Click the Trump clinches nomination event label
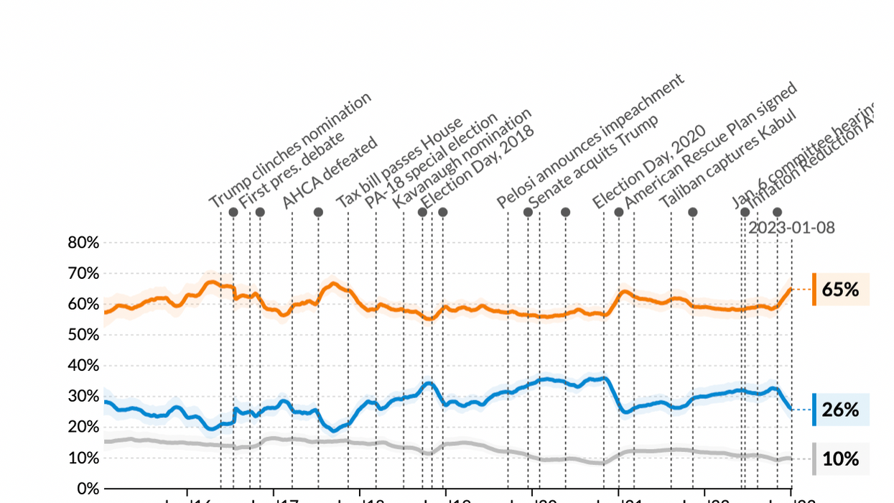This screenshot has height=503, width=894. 290,151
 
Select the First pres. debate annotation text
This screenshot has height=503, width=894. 292,170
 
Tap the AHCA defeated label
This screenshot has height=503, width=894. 330,173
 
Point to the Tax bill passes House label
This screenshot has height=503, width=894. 400,163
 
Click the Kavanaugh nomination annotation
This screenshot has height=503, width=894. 462,159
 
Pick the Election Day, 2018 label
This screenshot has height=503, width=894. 478,167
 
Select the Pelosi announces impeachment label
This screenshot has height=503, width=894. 590,141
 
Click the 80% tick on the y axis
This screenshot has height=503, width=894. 83,243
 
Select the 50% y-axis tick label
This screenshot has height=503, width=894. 83,335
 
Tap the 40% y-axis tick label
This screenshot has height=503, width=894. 83,366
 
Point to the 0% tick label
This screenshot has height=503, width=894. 87,489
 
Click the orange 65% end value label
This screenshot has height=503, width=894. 841,290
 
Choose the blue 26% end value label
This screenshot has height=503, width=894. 841,410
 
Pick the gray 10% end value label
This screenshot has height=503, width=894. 841,458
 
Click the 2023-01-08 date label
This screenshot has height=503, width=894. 791,228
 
